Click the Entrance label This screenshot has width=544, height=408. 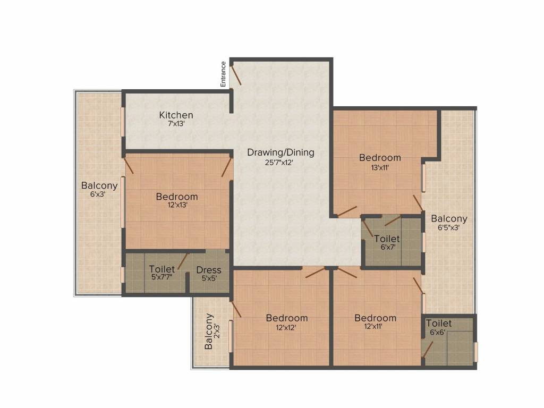pos(224,74)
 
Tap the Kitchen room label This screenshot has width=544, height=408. pos(176,115)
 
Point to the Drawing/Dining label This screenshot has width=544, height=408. pos(280,152)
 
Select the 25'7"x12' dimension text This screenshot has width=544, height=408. pos(280,163)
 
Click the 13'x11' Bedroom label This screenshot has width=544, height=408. pos(380,157)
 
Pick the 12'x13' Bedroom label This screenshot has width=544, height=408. pos(177,197)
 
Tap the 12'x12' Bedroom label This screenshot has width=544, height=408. pos(287,318)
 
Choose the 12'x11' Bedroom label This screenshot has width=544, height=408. pos(375,318)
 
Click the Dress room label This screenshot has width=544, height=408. pos(209,269)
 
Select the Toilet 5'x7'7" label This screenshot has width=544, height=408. pos(162,269)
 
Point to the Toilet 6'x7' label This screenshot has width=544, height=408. pos(387,239)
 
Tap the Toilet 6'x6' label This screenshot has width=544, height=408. pos(439,324)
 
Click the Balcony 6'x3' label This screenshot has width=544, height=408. pos(99,186)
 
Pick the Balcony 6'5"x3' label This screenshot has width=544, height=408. pos(449,218)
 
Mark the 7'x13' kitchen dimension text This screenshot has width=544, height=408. pos(176,124)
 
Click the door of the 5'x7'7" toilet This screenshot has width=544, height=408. pos(182,261)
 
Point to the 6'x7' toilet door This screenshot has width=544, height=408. pos(393,219)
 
